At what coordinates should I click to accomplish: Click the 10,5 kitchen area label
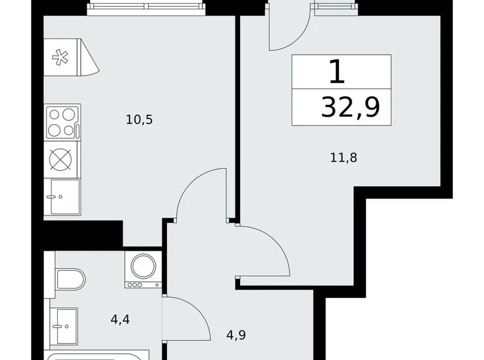(x=139, y=120)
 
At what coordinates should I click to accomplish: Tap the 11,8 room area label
(x=344, y=158)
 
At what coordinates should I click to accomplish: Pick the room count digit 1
(x=336, y=72)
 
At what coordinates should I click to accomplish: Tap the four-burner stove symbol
(x=62, y=122)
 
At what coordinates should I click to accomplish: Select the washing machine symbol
(x=143, y=269)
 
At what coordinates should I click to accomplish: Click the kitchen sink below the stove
(x=62, y=197)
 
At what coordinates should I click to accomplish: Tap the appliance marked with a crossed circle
(x=61, y=160)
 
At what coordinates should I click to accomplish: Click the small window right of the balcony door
(x=335, y=7)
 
